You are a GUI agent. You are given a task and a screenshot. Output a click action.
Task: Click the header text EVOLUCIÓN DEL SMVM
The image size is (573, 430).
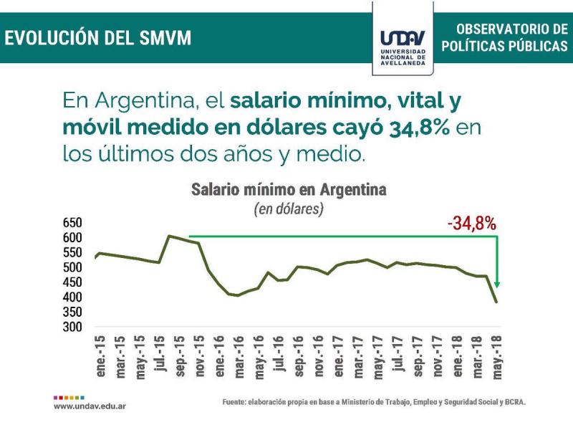point(98,37)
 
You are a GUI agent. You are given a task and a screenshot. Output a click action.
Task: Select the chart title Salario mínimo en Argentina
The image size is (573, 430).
point(289,191)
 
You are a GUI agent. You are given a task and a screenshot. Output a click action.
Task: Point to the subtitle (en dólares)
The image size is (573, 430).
point(289,209)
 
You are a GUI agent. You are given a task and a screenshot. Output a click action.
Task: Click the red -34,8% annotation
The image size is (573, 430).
point(471,224)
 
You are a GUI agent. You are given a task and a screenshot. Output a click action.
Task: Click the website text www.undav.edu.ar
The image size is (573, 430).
point(90,406)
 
